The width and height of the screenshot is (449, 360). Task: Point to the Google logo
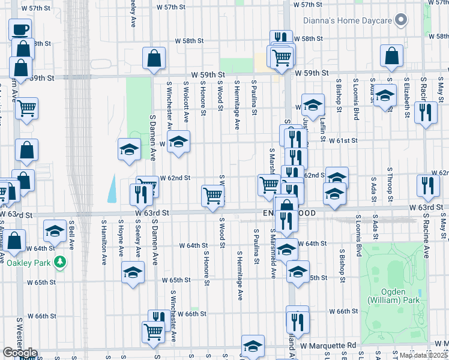[20, 353]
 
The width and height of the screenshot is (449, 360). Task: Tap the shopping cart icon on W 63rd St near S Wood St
[213, 195]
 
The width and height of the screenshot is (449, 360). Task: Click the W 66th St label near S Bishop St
[344, 311]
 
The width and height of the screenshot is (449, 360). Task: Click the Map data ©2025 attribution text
[421, 355]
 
